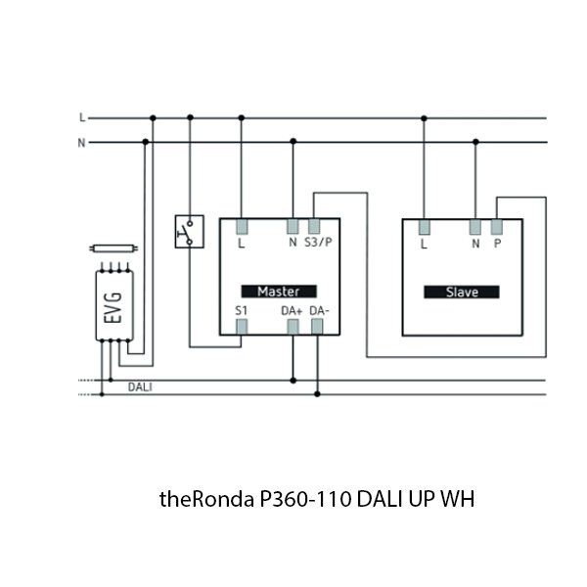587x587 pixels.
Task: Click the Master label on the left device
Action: click(x=278, y=291)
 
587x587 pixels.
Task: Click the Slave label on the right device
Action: click(x=461, y=292)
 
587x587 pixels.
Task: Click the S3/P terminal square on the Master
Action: click(x=313, y=226)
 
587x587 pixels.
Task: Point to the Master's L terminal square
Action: click(x=242, y=226)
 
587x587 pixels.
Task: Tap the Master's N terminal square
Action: click(x=292, y=226)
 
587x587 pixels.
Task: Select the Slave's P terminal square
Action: click(x=497, y=227)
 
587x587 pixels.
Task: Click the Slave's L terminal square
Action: click(x=424, y=227)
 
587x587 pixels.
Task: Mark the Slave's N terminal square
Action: click(x=474, y=227)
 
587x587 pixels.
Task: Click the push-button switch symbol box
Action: click(x=187, y=231)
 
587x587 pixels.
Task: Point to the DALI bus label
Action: click(x=140, y=387)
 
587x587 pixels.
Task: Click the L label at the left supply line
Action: click(x=82, y=117)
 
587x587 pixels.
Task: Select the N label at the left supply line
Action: click(x=82, y=142)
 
